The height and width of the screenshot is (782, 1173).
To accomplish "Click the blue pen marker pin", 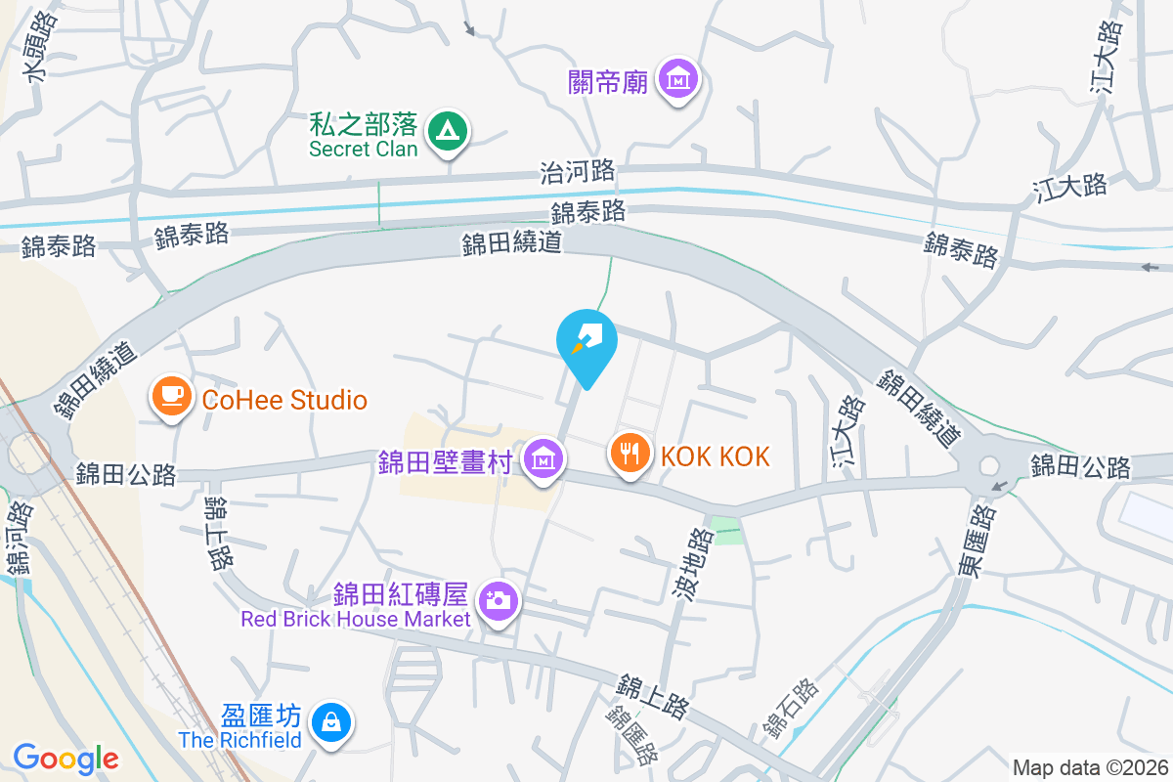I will click(586, 341).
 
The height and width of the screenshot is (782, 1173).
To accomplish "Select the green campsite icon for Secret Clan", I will click(448, 130).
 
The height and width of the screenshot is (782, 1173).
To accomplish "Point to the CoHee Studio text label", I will click(284, 400).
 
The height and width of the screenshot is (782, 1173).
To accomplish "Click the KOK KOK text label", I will click(716, 456).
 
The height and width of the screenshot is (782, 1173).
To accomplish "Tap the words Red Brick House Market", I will click(356, 619).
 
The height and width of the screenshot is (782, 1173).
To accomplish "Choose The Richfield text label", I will click(240, 740).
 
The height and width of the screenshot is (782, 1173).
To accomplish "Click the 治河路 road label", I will click(578, 172).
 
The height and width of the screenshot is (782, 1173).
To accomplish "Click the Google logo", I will click(66, 758).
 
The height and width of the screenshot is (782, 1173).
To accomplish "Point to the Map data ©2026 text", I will click(1089, 767).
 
